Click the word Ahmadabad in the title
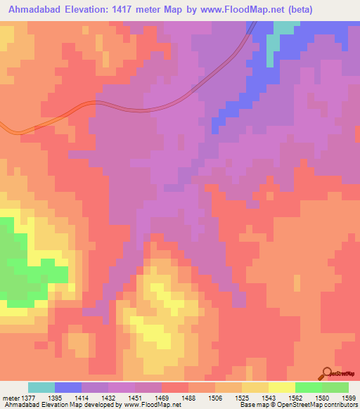pyautogui.click(x=34, y=9)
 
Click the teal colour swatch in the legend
pyautogui.click(x=41, y=388)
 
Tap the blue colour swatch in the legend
pyautogui.click(x=68, y=388)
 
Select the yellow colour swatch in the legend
pyautogui.click(x=282, y=388)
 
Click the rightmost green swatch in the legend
pyautogui.click(x=335, y=388)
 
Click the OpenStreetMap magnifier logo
pyautogui.click(x=326, y=374)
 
